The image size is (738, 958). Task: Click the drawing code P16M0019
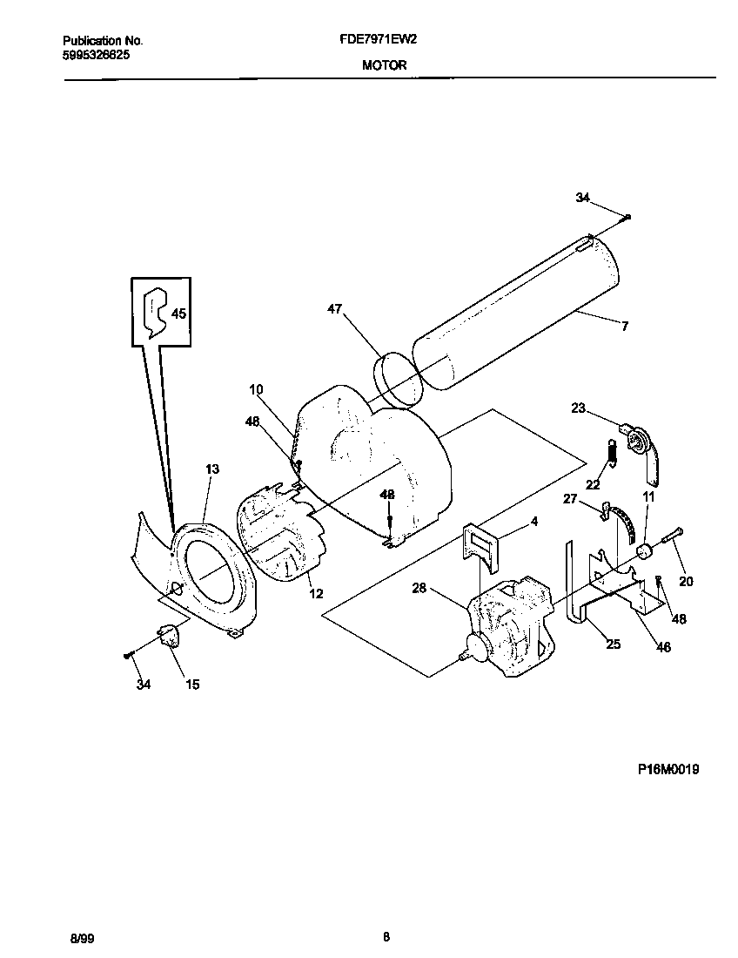coord(668,769)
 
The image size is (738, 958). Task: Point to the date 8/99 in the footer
coord(81,938)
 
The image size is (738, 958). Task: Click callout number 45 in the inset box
coord(178,314)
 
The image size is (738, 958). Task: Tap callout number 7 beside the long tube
coord(624,327)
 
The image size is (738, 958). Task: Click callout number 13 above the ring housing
coord(212,469)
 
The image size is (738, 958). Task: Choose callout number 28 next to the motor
coord(419,589)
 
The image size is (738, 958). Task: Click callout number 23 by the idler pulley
coord(578,407)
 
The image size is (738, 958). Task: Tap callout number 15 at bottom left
coord(192,685)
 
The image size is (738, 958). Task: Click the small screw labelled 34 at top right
coord(628,217)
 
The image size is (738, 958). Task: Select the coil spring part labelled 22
coord(613,452)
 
